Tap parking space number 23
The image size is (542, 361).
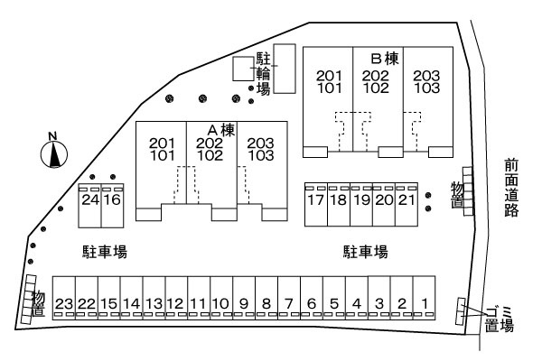(63, 303)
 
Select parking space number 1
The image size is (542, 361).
(425, 303)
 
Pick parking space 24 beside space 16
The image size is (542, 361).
(89, 199)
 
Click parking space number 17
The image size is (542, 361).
(315, 199)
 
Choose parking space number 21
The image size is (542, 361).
(406, 199)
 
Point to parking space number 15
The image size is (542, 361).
(108, 303)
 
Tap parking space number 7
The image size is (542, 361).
(289, 303)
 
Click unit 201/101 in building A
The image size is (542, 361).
(162, 149)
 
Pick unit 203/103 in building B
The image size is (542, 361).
(427, 81)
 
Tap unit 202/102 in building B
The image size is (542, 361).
(375, 81)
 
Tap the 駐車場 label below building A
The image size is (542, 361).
(99, 252)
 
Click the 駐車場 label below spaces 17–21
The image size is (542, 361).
(365, 251)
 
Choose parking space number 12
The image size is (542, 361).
(176, 303)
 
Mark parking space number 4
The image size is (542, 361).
(357, 303)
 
